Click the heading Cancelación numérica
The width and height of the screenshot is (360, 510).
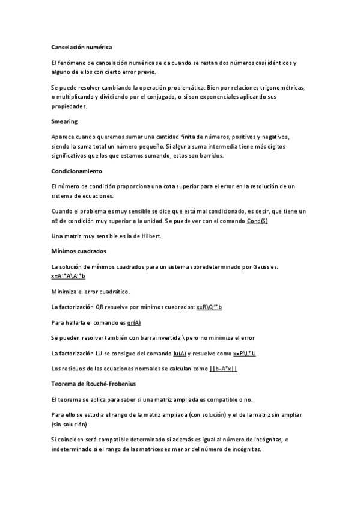pos(82,46)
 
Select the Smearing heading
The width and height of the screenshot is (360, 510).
pos(65,121)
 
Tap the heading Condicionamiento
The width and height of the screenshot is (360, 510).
pos(77,171)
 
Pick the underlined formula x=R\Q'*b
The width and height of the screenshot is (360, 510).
pos(209,307)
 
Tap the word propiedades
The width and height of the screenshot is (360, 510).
pos(70,106)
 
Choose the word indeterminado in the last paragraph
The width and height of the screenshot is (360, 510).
pos(75,449)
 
